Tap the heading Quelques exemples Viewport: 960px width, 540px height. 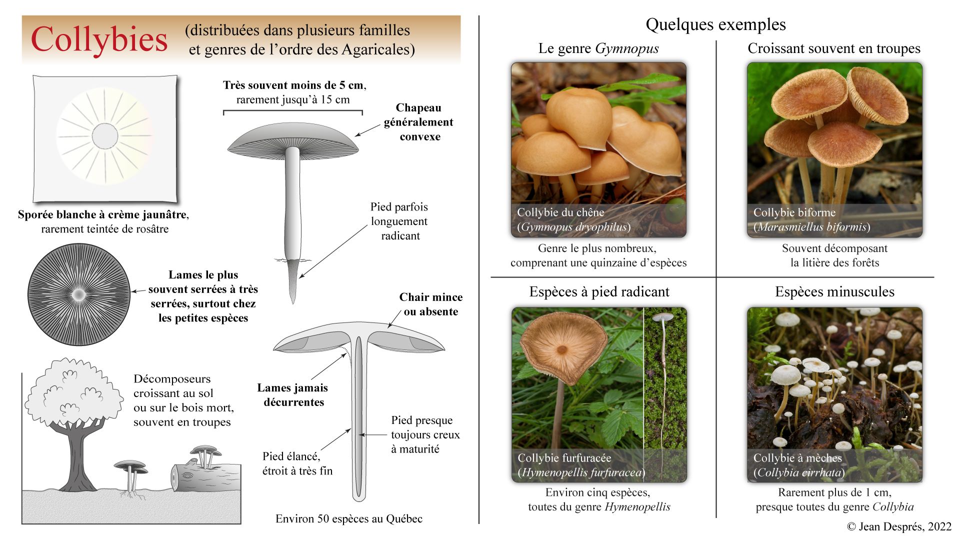715,24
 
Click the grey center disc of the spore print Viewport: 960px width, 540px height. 104,135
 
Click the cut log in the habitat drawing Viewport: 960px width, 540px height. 205,478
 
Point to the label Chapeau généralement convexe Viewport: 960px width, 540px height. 418,122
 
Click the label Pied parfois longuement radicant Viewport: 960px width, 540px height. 399,221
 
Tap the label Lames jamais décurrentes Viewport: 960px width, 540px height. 293,395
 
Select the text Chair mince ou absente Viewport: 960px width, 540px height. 430,304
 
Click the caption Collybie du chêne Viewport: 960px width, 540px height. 560,212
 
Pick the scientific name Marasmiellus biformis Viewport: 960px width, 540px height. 812,227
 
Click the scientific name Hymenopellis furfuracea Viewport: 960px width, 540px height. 581,472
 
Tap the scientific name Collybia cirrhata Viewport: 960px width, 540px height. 799,472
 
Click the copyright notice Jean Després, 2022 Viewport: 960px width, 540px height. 899,526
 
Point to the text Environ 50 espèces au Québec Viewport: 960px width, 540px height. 349,519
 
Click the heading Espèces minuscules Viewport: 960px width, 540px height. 834,292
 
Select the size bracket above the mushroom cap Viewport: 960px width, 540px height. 292,111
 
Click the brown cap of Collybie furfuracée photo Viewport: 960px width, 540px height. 562,345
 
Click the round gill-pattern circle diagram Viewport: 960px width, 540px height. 78,295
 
